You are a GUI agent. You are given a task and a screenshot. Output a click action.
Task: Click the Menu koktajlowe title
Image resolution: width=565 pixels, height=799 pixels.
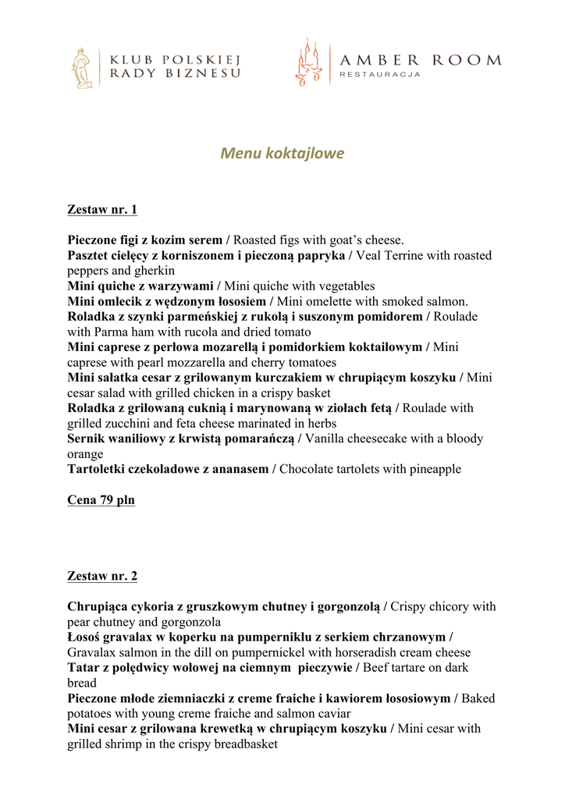point(282,153)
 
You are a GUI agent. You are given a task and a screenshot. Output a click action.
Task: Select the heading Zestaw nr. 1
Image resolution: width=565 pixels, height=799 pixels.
point(102,210)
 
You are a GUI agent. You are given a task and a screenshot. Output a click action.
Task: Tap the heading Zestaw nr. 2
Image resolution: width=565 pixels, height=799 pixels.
point(102,577)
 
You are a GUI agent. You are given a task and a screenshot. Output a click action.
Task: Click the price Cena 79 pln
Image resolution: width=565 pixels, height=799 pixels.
point(101,500)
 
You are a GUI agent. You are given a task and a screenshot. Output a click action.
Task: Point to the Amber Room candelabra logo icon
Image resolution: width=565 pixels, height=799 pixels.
point(307,62)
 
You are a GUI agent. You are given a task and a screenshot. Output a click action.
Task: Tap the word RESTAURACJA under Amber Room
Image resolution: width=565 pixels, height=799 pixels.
point(380,75)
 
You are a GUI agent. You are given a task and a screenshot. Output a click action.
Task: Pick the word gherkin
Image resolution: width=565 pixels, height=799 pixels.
point(154,271)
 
